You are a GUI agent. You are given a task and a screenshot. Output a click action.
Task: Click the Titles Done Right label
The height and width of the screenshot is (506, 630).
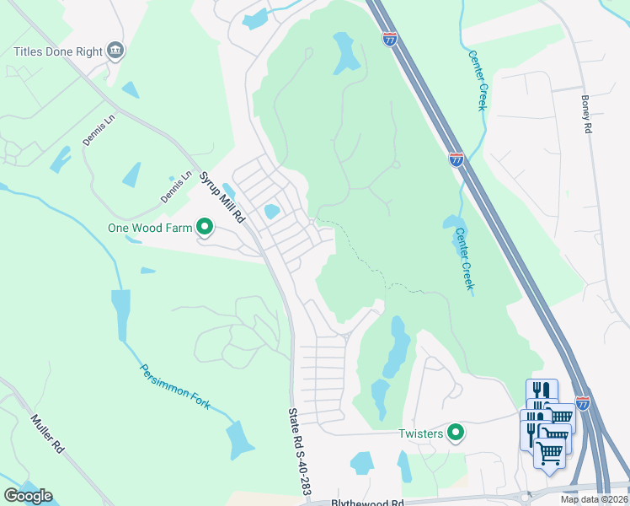click(x=57, y=51)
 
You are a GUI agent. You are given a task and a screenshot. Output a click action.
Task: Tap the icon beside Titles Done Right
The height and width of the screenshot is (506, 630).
click(x=116, y=51)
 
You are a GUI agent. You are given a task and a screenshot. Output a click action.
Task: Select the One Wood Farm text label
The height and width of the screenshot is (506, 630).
click(x=148, y=228)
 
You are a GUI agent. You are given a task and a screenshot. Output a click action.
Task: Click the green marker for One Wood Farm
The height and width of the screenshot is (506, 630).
click(x=204, y=227)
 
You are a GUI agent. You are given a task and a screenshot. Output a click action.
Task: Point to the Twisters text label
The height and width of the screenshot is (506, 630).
click(x=420, y=434)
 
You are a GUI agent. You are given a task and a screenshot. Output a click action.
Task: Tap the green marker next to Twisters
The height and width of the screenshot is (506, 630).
click(x=456, y=433)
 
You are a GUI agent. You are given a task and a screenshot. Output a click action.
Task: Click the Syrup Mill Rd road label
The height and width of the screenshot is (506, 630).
click(x=221, y=196)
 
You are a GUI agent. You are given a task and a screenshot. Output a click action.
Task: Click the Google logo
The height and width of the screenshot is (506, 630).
click(x=28, y=496)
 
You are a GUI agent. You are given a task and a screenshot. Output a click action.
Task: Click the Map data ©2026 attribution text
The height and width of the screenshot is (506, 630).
click(x=594, y=499)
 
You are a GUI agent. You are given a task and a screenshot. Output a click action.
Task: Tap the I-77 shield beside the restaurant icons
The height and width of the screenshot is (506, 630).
click(x=583, y=402)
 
